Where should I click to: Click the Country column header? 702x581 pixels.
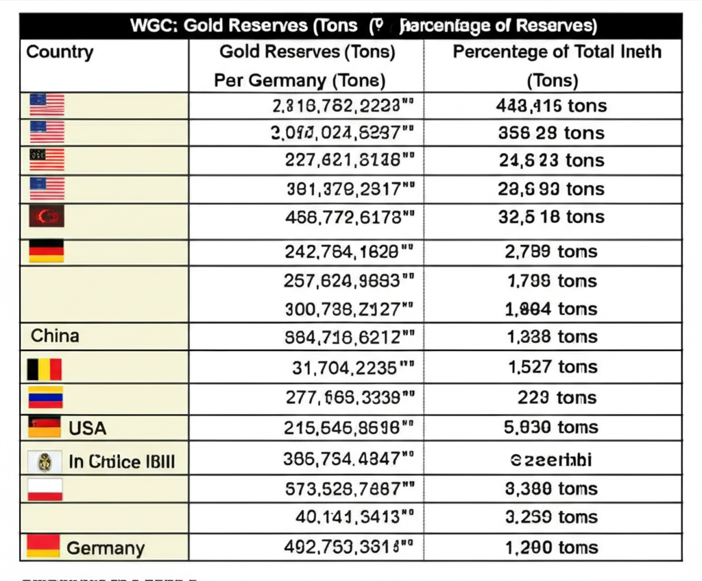[x=60, y=53]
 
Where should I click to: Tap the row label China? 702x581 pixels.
[x=55, y=336]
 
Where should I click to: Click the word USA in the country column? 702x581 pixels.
[x=88, y=429]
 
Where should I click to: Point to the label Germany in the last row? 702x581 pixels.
[x=106, y=548]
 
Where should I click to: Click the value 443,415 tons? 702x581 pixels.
[x=551, y=106]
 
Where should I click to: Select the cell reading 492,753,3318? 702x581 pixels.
[x=348, y=547]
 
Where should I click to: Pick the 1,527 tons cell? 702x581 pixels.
[x=553, y=367]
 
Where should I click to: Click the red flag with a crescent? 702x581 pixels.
[x=47, y=217]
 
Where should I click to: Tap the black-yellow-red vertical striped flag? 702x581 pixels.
[x=45, y=369]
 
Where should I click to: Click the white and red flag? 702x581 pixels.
[x=45, y=489]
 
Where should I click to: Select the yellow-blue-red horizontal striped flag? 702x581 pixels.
[x=45, y=398]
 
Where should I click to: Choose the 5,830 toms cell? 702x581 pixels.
[x=551, y=427]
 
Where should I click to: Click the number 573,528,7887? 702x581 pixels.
[x=350, y=489]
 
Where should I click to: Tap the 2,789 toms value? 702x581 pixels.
[x=551, y=252]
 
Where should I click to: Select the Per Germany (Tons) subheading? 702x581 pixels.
[x=300, y=80]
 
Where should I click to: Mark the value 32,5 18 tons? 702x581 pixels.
[x=551, y=217]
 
